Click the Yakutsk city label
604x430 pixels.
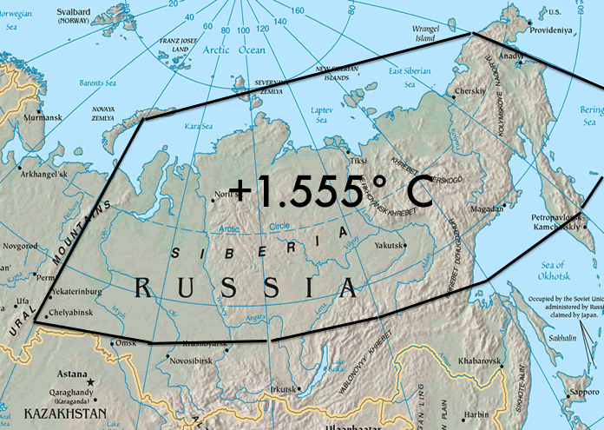coord(390,246)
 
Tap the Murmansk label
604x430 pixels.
coord(44,116)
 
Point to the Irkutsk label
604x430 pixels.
coord(285,388)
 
